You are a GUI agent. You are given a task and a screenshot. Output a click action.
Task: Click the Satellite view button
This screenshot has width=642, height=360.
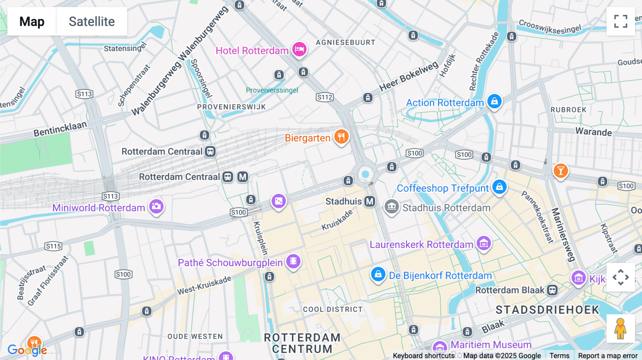(92, 21)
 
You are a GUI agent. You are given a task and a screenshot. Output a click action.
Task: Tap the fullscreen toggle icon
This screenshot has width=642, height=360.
(621, 21)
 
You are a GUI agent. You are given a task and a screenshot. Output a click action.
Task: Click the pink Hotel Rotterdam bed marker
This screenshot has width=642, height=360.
(299, 49)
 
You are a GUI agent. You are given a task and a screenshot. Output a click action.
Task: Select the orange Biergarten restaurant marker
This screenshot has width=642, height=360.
(341, 137)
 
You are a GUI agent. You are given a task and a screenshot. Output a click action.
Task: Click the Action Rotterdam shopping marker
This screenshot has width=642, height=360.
(494, 102)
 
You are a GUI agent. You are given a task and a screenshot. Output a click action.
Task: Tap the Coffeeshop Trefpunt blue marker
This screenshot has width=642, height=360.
(499, 187)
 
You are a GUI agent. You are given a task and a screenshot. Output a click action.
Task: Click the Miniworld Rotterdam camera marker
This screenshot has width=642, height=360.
(156, 206)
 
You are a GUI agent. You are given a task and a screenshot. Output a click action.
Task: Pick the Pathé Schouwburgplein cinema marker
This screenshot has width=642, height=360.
(293, 261)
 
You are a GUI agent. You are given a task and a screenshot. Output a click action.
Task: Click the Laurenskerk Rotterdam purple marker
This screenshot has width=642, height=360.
(484, 243)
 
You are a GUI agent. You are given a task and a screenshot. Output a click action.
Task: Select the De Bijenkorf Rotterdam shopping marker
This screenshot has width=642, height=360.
(378, 274)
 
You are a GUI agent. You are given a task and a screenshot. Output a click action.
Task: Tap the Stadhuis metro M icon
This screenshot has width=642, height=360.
(370, 201)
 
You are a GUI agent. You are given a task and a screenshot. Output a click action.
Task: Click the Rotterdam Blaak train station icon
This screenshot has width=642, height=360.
(552, 290)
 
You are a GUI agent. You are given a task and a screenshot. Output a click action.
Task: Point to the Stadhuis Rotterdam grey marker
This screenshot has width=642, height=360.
(391, 206)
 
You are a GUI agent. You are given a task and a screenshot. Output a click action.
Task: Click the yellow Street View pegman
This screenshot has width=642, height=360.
(620, 329)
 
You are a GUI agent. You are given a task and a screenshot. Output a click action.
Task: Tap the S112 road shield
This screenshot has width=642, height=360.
(325, 97)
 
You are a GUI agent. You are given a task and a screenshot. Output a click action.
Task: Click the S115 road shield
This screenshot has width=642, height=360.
(53, 246)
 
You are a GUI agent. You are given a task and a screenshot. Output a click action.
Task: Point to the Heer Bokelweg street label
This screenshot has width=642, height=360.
(408, 77)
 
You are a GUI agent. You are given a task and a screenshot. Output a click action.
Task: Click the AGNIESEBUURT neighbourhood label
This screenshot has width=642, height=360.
(345, 42)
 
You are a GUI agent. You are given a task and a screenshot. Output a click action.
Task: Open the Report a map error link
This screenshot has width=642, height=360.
(607, 356)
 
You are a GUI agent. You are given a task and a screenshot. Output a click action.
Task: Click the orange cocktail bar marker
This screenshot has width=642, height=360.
(560, 171)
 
